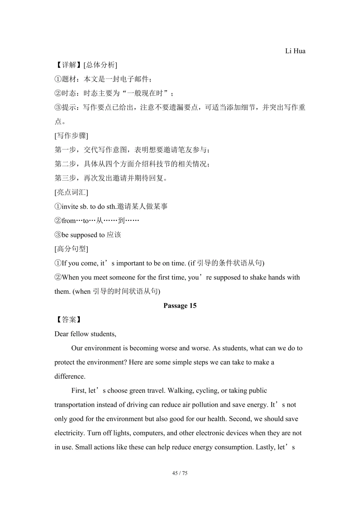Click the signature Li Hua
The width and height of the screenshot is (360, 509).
(295, 51)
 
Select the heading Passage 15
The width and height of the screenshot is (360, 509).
(180, 306)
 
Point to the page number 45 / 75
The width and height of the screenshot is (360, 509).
(180, 473)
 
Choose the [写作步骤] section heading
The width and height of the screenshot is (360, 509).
(71, 136)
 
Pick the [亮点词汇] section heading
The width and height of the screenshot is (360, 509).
(71, 192)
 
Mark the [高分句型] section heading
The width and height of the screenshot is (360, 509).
(71, 249)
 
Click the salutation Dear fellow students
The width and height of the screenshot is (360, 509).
(85, 334)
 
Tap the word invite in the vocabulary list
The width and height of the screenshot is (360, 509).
(70, 207)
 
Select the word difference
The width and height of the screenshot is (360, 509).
(70, 377)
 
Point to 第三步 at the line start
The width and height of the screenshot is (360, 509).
(65, 178)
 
